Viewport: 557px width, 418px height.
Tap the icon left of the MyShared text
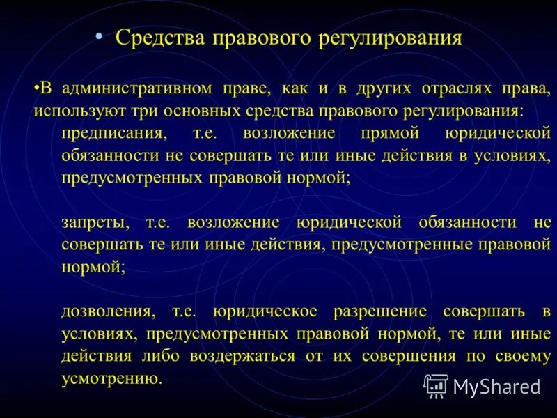click(x=435, y=385)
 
